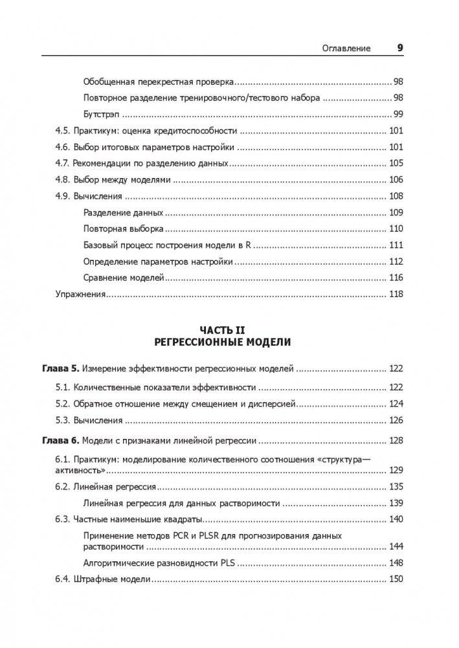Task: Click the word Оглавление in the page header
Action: click(346, 48)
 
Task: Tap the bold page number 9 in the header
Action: click(399, 47)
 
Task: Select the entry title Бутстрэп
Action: click(102, 114)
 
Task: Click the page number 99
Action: click(398, 114)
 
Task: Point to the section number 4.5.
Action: click(62, 131)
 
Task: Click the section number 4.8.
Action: click(62, 179)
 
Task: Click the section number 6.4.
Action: click(62, 579)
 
